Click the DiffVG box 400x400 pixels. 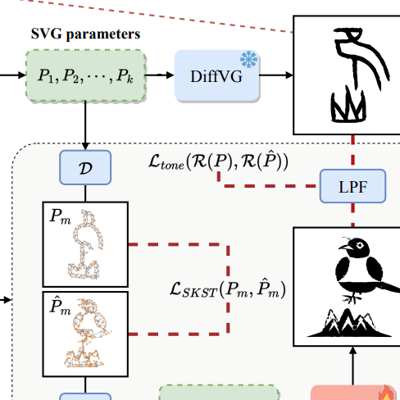click(217, 75)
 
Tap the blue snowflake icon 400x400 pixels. click(248, 59)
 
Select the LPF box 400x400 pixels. click(352, 186)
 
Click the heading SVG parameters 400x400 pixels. click(85, 34)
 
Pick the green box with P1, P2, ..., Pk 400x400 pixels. click(86, 75)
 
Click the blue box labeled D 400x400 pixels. click(85, 167)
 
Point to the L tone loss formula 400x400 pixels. click(218, 161)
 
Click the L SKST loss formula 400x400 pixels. click(228, 289)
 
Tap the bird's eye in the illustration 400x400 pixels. click(360, 245)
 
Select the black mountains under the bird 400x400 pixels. click(349, 323)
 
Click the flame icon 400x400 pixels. click(386, 393)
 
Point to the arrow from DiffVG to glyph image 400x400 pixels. click(276, 75)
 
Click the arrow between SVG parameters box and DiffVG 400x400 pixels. click(160, 75)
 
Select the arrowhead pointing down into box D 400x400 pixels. click(85, 146)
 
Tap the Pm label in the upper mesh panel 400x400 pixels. click(61, 217)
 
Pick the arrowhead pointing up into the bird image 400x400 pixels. click(353, 351)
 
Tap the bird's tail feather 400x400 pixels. click(389, 286)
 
